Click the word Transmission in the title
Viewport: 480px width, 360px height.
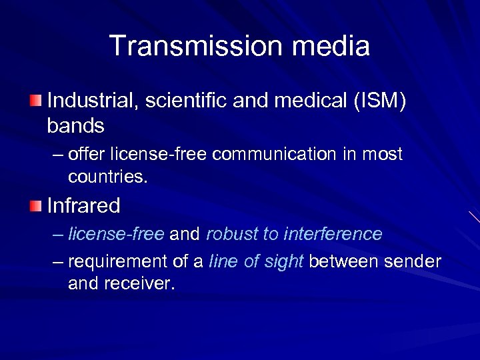pos(189,46)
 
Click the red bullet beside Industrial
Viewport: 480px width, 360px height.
pos(35,101)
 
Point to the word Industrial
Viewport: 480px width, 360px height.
pos(93,101)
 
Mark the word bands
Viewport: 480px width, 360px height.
pos(75,125)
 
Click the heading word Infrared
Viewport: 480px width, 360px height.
pos(83,206)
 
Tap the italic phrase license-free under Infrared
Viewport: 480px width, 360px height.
pos(117,235)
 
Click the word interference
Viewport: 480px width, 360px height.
pos(333,235)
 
